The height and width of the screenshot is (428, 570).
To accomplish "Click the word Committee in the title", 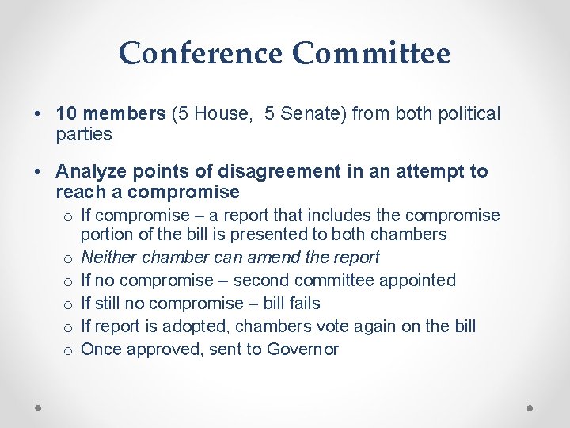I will (371, 54).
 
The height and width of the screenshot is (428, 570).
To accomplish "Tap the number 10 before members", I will (66, 114).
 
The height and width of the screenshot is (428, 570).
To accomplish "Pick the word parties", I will (84, 134).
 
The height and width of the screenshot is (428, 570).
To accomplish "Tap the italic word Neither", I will (110, 258).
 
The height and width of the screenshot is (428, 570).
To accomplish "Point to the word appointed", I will (416, 281).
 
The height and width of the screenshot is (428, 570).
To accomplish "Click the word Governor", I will (303, 350).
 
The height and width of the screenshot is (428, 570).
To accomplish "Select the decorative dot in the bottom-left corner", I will (39, 407).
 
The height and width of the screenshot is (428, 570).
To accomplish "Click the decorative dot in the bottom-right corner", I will (530, 407).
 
